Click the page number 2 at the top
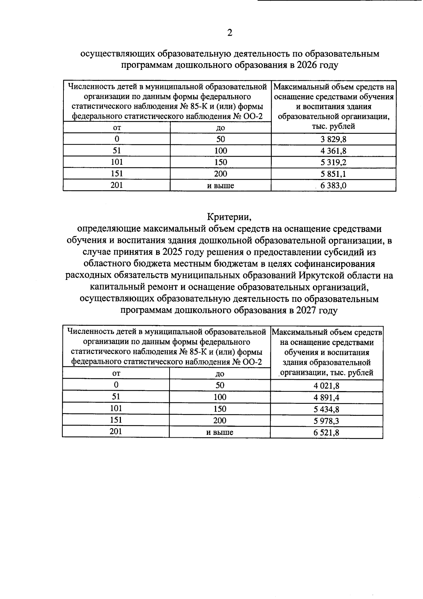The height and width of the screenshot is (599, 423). click(x=229, y=33)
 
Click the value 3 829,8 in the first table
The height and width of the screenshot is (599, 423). click(x=333, y=139)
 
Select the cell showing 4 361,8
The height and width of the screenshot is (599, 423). click(x=333, y=151)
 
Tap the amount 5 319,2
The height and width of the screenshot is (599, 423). click(x=333, y=162)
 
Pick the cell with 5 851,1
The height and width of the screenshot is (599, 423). click(x=333, y=174)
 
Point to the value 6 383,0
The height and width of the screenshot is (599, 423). click(x=333, y=185)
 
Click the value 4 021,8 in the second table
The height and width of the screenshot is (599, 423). click(x=326, y=386)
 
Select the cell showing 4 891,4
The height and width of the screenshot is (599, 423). click(x=326, y=397)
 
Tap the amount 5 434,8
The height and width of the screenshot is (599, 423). click(x=326, y=409)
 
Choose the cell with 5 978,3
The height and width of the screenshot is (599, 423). click(x=326, y=421)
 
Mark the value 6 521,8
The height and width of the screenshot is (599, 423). click(x=326, y=432)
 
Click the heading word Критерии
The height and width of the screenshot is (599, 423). click(x=229, y=216)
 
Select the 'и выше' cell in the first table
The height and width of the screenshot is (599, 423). click(x=220, y=185)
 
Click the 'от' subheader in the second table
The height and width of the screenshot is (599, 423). click(x=116, y=373)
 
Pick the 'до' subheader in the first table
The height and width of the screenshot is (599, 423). click(x=221, y=127)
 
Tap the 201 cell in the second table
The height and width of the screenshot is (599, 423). click(x=116, y=431)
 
